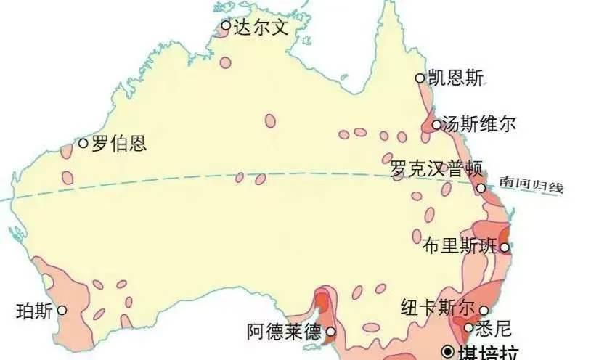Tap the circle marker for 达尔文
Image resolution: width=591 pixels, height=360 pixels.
coord(226,25)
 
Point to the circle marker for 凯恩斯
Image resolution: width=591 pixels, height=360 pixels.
coord(420,78)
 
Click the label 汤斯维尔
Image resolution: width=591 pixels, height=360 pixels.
coord(480,124)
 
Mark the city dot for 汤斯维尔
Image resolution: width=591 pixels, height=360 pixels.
coord(436,125)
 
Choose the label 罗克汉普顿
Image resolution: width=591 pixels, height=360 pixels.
coord(436,168)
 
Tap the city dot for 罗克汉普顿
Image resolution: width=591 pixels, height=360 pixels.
coord(481,189)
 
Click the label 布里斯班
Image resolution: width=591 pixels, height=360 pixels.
coord(460,247)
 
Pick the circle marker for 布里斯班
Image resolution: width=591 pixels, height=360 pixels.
coord(505,247)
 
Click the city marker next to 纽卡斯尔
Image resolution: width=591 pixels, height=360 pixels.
coord(484,311)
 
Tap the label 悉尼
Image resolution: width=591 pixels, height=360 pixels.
coord(494,329)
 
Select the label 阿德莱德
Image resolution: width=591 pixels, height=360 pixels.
coord(284,333)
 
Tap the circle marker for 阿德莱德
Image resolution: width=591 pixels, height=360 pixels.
coord(330,332)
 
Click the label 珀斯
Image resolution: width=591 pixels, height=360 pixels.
coord(33,311)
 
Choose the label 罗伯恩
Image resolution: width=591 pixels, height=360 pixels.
coord(118,143)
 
